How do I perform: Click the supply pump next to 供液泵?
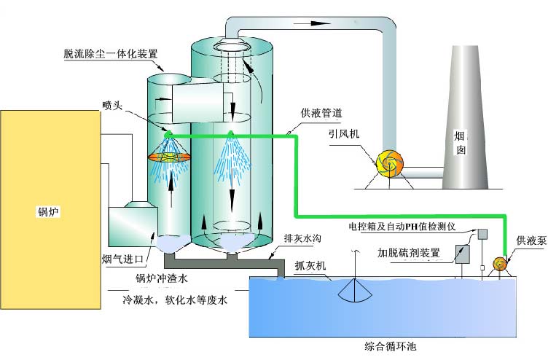[x=500, y=263]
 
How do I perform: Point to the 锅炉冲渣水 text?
[x=163, y=277]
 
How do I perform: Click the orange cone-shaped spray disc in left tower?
[x=169, y=155]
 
